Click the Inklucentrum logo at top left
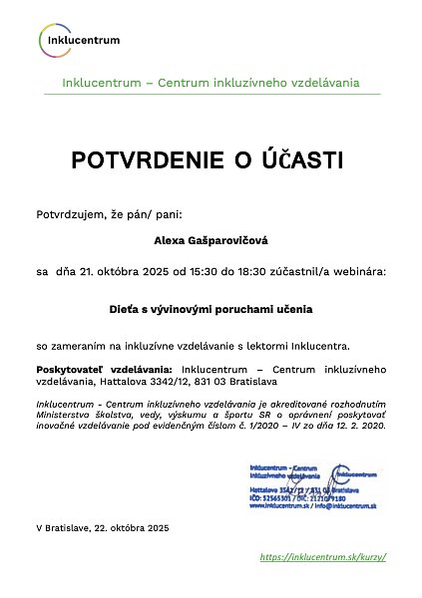(x=81, y=40)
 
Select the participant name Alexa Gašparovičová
(x=211, y=240)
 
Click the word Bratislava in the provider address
(x=272, y=381)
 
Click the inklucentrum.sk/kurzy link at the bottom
(x=322, y=556)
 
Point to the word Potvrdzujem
(x=68, y=213)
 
